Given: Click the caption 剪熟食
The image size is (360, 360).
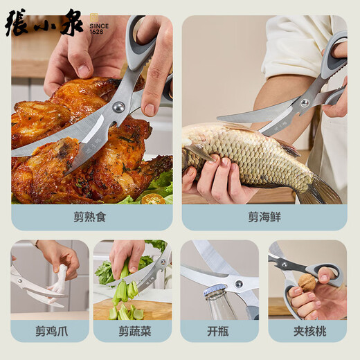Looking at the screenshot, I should click(x=90, y=217).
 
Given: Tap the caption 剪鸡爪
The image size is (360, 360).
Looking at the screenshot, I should click(x=50, y=331).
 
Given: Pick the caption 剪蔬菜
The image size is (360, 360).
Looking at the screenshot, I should click(x=132, y=331).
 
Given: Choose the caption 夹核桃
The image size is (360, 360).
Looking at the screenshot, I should click(x=307, y=331).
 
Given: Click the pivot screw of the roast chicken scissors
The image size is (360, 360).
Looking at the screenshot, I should click(x=118, y=107).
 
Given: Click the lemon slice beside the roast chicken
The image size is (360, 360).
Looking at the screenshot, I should click(x=153, y=199).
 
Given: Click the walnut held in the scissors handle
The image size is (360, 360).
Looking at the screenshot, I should click(x=307, y=282).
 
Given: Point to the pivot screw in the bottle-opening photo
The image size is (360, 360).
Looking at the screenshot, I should click(x=238, y=283).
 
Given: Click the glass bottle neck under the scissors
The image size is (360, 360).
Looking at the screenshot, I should click(x=218, y=305).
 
